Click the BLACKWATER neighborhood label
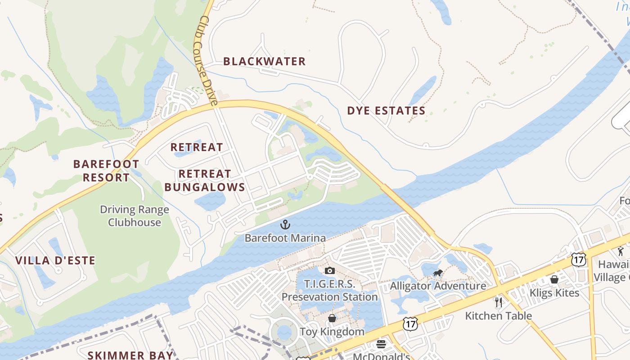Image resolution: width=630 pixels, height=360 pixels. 264,61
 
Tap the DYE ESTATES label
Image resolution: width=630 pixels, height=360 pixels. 386,111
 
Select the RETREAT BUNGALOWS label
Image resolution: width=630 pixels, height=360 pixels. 205,180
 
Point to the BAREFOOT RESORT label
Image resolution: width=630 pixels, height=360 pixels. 106,171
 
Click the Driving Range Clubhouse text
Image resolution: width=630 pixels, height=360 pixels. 135,216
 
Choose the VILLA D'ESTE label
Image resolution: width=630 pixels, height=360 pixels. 55,261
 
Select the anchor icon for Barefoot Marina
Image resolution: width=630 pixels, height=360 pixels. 285,224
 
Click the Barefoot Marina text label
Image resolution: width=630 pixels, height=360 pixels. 285,238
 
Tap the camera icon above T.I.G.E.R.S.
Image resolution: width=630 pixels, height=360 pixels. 329,270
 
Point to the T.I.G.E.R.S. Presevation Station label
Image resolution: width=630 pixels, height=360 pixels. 329,291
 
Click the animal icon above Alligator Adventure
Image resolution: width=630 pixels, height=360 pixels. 438,273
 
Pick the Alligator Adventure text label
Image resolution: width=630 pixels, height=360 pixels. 438,286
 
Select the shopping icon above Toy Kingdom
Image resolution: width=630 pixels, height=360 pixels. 332,319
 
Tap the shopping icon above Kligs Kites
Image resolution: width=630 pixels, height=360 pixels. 554,279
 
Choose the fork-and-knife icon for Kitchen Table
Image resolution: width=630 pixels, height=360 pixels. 498,302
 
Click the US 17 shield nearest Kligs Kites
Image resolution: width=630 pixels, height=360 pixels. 578,259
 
